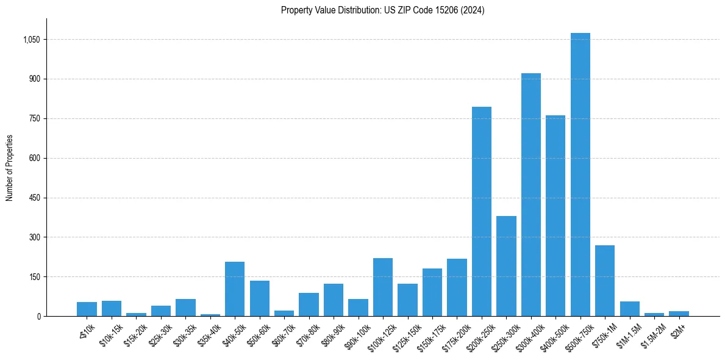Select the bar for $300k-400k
point(530,195)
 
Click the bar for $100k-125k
point(382,287)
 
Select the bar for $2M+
point(679,314)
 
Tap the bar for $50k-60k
point(259,298)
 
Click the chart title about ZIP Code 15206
point(382,10)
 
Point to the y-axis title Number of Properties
point(10,167)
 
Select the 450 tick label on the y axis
point(34,198)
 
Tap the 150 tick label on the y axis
point(34,277)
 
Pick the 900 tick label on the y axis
point(34,79)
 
